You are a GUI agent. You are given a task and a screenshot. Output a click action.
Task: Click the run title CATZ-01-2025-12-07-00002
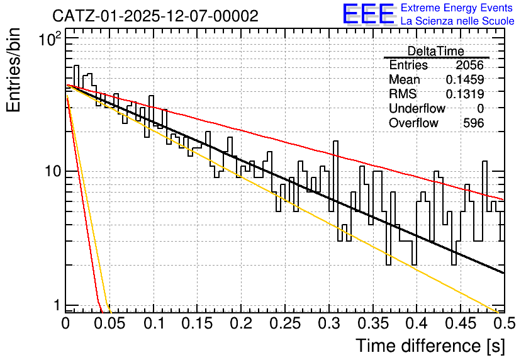(155, 16)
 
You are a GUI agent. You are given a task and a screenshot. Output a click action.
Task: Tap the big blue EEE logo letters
(369, 14)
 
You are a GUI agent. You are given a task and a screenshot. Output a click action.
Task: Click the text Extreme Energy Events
(457, 8)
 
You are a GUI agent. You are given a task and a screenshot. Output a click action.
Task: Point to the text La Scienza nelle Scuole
(457, 21)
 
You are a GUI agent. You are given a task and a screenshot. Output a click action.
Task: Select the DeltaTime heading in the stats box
(436, 51)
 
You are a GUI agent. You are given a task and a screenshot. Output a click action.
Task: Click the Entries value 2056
(469, 65)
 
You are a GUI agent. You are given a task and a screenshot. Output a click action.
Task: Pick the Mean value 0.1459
(465, 79)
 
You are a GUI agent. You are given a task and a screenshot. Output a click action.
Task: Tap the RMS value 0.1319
(465, 94)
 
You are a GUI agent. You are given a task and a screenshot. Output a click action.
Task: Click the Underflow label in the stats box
(417, 108)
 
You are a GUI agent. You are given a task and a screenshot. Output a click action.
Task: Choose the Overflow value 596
(474, 123)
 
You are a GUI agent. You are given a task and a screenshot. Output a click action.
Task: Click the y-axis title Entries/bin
(14, 70)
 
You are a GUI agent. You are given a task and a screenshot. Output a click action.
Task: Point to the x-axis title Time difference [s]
(430, 346)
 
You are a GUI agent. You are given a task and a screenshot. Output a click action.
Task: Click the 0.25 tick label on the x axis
(285, 323)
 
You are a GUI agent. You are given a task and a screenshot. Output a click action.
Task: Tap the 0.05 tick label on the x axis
(109, 323)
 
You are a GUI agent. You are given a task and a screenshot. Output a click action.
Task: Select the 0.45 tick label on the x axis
(461, 323)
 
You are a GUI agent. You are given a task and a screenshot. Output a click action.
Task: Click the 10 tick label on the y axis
(53, 171)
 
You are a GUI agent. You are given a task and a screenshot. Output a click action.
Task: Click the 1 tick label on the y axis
(57, 305)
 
